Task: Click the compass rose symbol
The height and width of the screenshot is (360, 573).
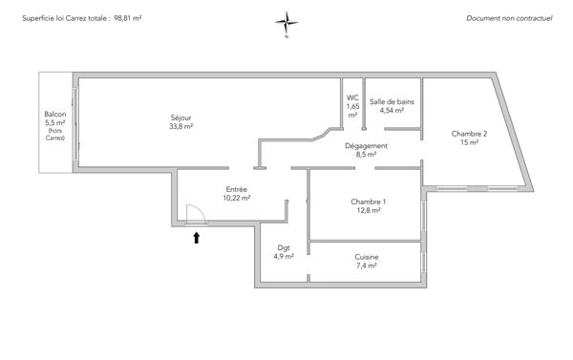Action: click(286, 22)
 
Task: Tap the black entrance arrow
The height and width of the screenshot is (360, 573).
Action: click(197, 238)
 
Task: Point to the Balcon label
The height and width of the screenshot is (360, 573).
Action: click(54, 114)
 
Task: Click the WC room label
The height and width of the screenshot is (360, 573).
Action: click(352, 97)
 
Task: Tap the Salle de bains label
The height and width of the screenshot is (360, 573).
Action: click(392, 101)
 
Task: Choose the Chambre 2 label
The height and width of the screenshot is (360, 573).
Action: click(470, 134)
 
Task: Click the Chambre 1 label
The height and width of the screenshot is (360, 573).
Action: click(369, 201)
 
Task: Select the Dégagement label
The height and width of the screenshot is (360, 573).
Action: click(366, 145)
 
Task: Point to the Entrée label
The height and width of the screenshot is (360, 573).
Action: click(237, 189)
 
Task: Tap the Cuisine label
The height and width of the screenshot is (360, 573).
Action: click(366, 257)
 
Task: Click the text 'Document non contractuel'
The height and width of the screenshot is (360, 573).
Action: click(510, 18)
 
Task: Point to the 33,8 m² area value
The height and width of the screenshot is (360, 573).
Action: click(181, 126)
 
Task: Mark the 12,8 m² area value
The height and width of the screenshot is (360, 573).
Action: click(369, 211)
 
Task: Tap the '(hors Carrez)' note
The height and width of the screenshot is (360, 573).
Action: click(54, 135)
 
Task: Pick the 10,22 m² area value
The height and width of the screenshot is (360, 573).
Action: click(237, 199)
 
